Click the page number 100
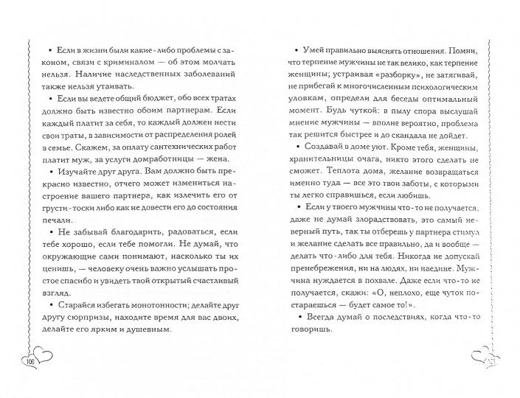point(31,363)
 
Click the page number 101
point(490,363)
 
